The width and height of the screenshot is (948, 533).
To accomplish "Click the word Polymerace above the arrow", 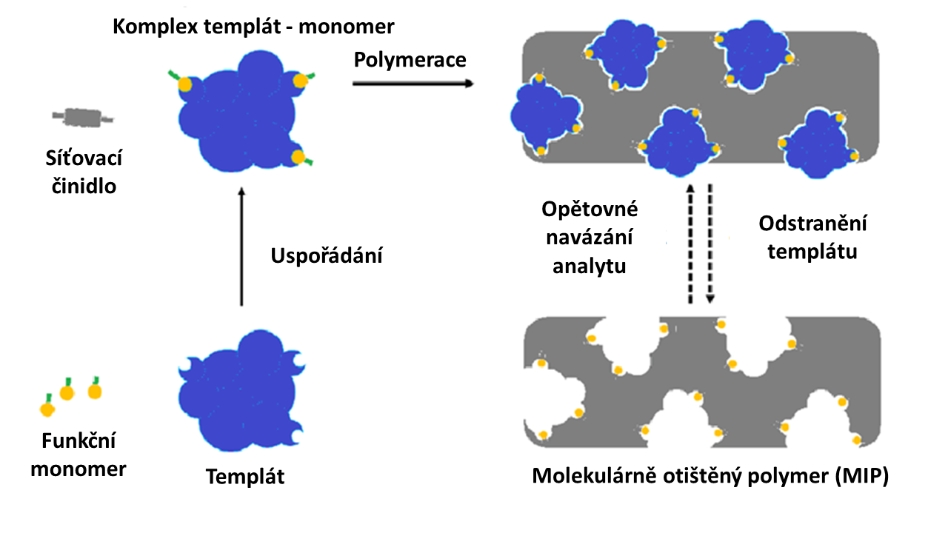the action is [x=410, y=61].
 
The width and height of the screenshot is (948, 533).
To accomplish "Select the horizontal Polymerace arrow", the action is [x=413, y=84].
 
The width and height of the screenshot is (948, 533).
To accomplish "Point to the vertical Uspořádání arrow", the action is [x=241, y=247].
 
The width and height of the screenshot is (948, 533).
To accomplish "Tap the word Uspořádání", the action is [x=327, y=256].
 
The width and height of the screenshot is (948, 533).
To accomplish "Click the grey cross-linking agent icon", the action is [x=83, y=117].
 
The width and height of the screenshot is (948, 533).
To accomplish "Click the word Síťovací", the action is [x=84, y=158].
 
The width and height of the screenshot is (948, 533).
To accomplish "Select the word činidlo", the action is [x=84, y=186].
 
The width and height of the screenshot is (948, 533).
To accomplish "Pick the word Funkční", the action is [x=79, y=440].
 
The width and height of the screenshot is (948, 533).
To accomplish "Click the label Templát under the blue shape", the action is [x=245, y=476].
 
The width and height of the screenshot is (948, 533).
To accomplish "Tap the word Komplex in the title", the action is [x=156, y=27].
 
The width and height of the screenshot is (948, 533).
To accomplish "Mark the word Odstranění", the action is [x=812, y=224].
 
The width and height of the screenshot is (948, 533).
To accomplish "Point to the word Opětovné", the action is [x=590, y=209].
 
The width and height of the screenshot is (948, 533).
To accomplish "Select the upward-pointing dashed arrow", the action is [x=690, y=244].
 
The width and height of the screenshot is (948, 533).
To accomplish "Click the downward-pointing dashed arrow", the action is [x=710, y=244].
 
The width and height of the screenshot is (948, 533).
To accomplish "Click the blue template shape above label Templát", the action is [x=241, y=391].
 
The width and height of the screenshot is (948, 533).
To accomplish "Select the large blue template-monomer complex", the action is [x=241, y=112].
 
